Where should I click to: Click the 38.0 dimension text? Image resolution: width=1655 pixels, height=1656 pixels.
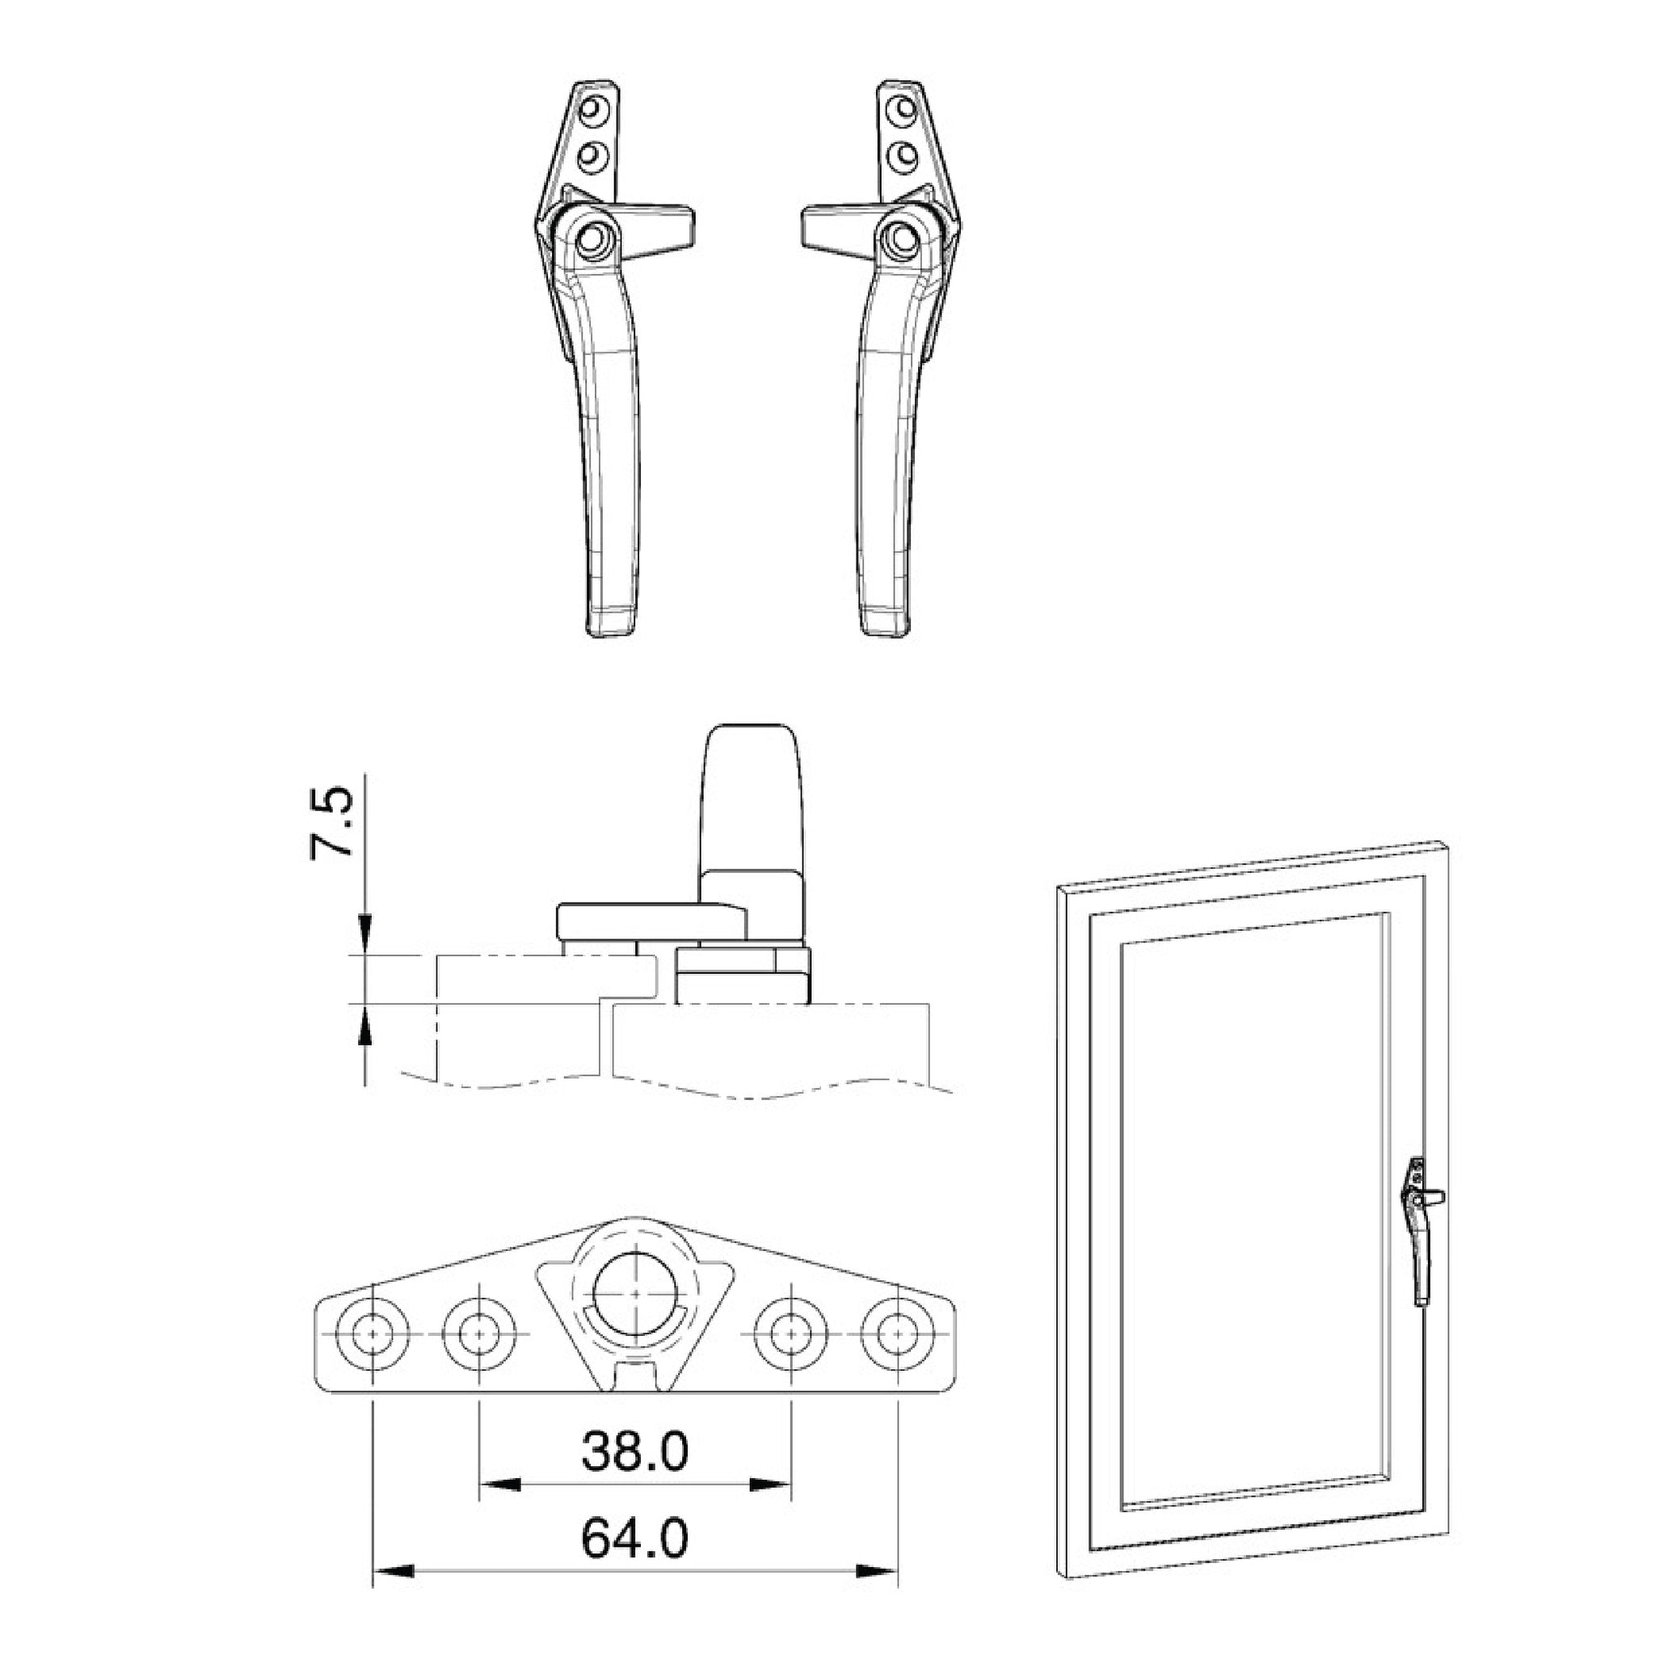pos(634,1452)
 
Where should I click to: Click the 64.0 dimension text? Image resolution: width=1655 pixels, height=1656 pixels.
pos(634,1540)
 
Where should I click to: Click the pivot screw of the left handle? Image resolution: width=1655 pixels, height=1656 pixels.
pos(592,238)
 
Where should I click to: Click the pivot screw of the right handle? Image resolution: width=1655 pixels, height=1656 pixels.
pos(900,238)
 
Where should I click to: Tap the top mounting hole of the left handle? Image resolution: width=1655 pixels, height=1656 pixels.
pos(592,110)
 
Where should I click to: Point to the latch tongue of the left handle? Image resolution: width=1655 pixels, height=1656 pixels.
pos(660,230)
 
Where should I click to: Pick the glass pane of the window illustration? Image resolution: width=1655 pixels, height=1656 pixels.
pos(1251,1200)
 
